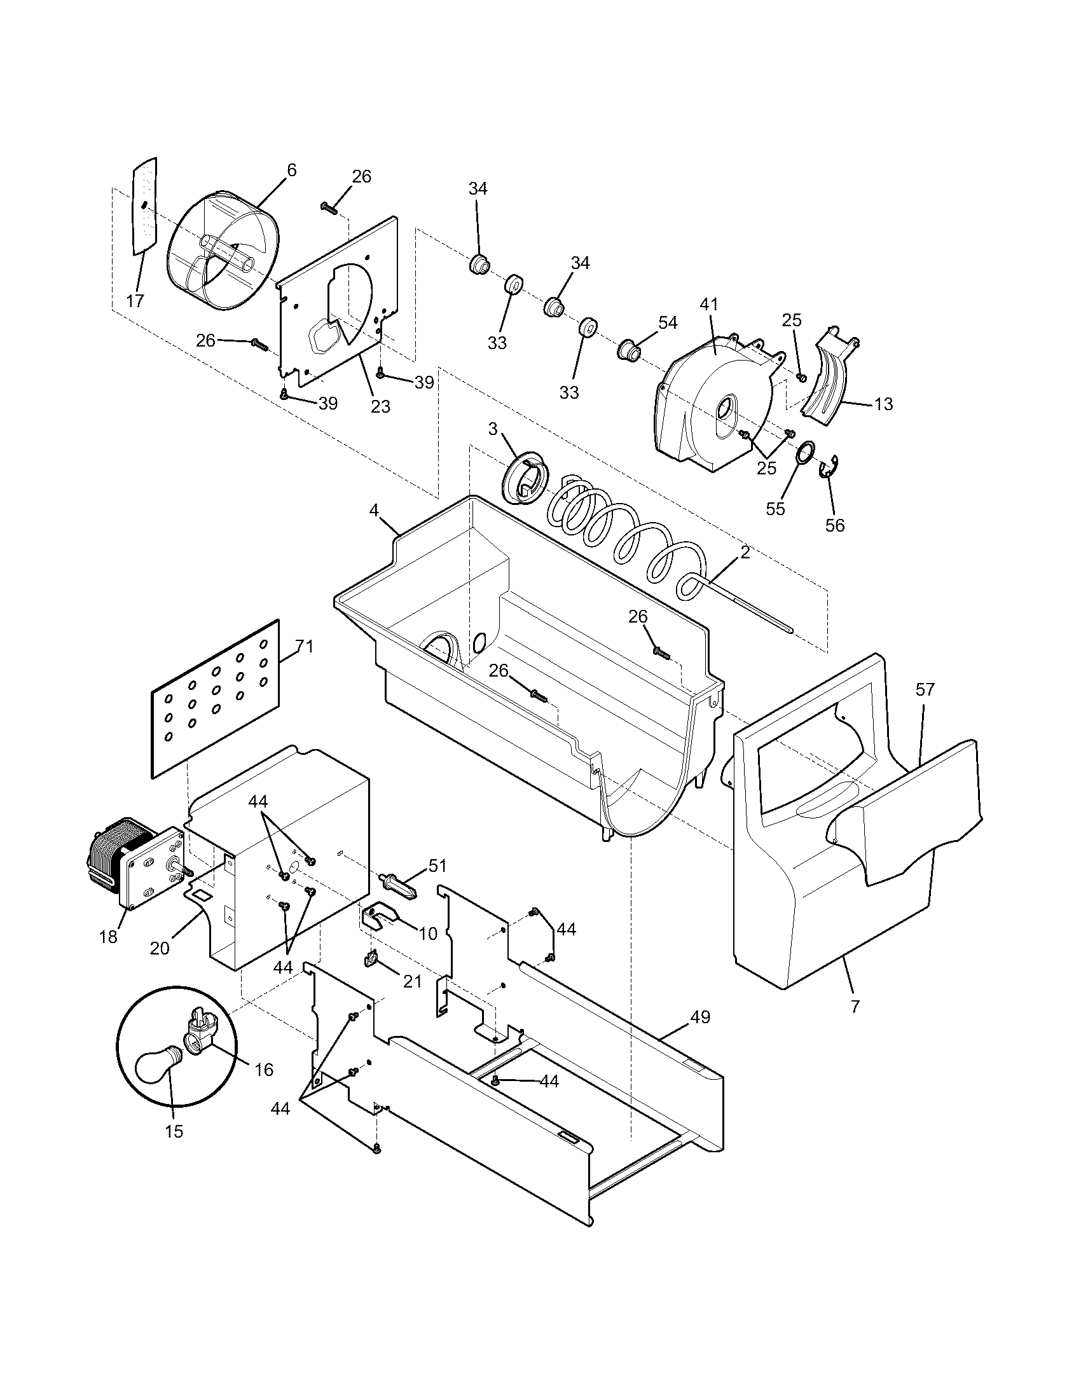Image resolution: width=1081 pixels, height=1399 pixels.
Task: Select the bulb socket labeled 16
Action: pyautogui.click(x=200, y=1033)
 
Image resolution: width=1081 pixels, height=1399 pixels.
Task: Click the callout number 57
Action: pyautogui.click(x=925, y=690)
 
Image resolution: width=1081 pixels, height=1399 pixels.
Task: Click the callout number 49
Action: pyautogui.click(x=701, y=1017)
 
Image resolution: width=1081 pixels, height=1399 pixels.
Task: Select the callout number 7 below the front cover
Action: pyautogui.click(x=855, y=1007)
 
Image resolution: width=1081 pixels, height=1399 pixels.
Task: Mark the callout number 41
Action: pyautogui.click(x=709, y=304)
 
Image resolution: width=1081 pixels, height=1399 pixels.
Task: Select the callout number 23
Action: pyautogui.click(x=380, y=406)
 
